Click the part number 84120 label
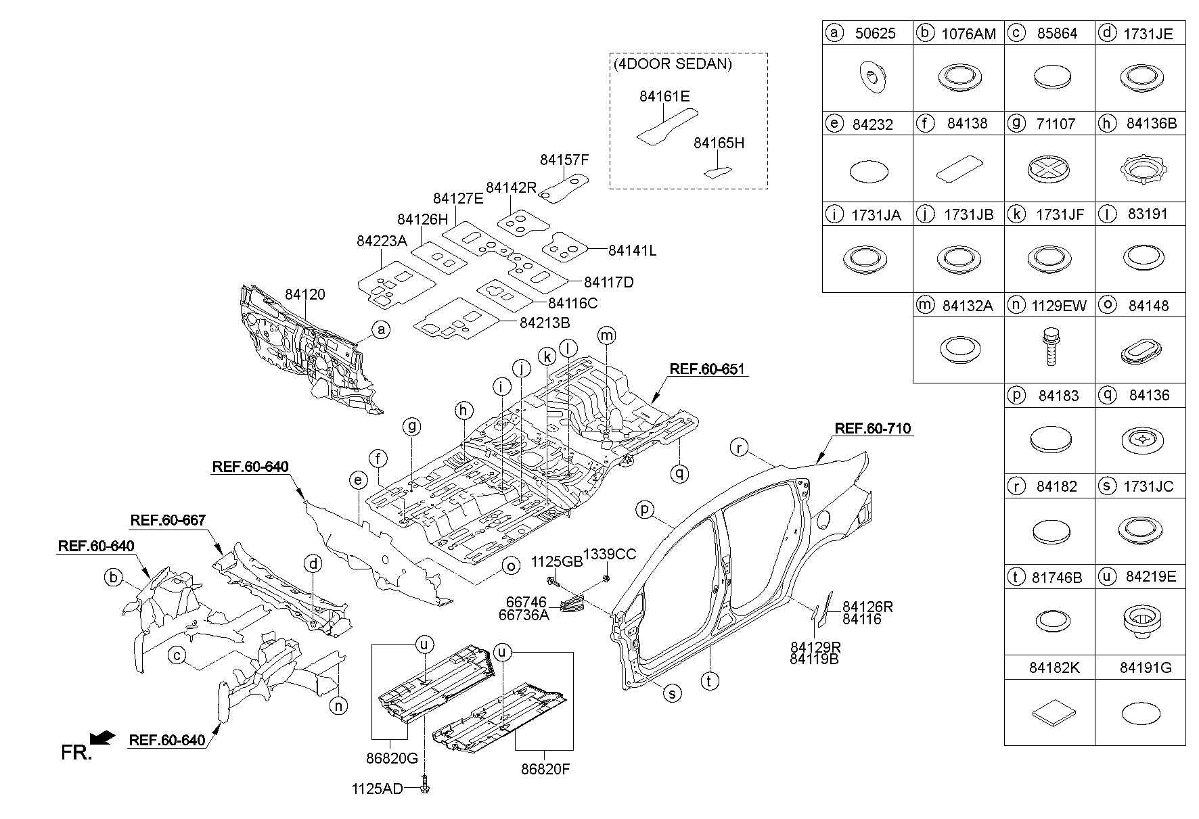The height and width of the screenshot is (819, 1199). pos(304,295)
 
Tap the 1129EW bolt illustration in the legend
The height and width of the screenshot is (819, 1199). pos(1050,348)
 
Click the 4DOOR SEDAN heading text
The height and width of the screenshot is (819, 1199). pos(673,65)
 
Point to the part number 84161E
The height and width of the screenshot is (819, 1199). pos(664,97)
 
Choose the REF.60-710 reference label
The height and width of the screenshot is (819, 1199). pos(873,429)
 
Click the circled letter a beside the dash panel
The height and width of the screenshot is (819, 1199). pos(382,330)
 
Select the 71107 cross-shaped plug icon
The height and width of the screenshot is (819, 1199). pos(1050,168)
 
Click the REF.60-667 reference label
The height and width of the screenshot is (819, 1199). pos(168,520)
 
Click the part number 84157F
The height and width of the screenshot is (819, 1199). pos(564,160)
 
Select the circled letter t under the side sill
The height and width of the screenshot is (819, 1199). pos(709,681)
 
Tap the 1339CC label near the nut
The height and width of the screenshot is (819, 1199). pos(610,555)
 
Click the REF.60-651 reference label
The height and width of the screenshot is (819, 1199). pos(707,369)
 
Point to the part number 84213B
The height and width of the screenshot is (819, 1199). pos(545,323)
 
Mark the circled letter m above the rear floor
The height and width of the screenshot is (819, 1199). pos(607,335)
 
